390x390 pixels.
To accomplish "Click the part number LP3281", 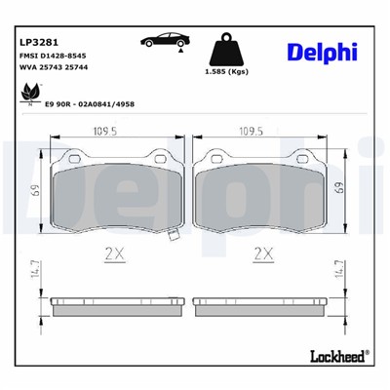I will [38, 43].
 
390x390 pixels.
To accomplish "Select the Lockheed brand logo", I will [336, 356].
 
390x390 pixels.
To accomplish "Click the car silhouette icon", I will [167, 41].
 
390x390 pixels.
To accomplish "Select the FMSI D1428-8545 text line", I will [55, 58].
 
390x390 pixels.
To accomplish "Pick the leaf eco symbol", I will [28, 93].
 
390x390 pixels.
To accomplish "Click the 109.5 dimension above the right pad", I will [259, 132].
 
